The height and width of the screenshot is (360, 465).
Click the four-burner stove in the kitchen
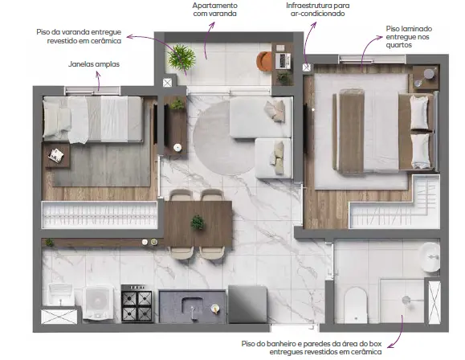pyautogui.click(x=137, y=303)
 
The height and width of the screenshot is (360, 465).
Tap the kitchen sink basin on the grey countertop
pyautogui.click(x=193, y=308)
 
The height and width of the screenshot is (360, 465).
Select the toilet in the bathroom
pyautogui.click(x=356, y=305)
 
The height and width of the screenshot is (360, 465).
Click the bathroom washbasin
pyautogui.click(x=431, y=257)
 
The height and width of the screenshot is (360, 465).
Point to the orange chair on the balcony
pyautogui.click(x=264, y=61)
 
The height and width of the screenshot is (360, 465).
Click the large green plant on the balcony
pyautogui.click(x=182, y=58)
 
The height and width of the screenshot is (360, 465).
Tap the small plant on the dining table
pyautogui.click(x=198, y=223)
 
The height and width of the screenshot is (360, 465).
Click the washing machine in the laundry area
pyautogui.click(x=98, y=303)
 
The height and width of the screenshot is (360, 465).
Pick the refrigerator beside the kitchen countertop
pyautogui.click(x=247, y=305)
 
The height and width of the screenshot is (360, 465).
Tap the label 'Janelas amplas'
pyautogui.click(x=94, y=64)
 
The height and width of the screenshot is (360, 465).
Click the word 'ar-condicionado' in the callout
pyautogui.click(x=317, y=14)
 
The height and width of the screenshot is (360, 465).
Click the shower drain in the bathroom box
pyautogui.click(x=406, y=300)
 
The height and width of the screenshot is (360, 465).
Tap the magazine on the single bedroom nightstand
pyautogui.click(x=56, y=155)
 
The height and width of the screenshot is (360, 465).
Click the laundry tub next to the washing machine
pyautogui.click(x=61, y=294)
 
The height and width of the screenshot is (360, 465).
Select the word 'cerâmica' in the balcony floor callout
pyautogui.click(x=107, y=41)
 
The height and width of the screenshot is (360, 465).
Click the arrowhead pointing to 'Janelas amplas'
pyautogui.click(x=97, y=74)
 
